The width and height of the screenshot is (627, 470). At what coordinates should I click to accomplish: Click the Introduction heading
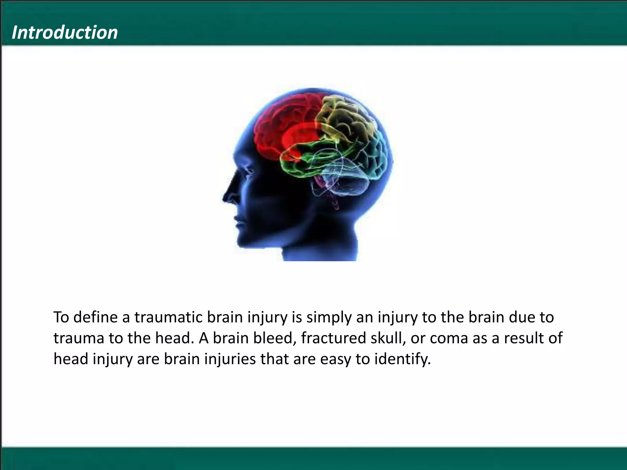point(65,32)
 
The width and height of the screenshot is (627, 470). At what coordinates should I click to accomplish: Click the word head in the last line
point(71,359)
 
